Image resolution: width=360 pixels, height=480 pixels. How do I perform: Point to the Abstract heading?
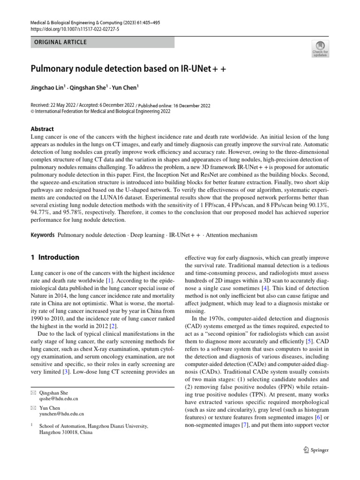(42, 129)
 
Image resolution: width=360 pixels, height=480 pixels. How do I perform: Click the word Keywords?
(43, 234)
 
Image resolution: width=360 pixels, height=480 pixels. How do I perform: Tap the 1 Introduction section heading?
(55, 257)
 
